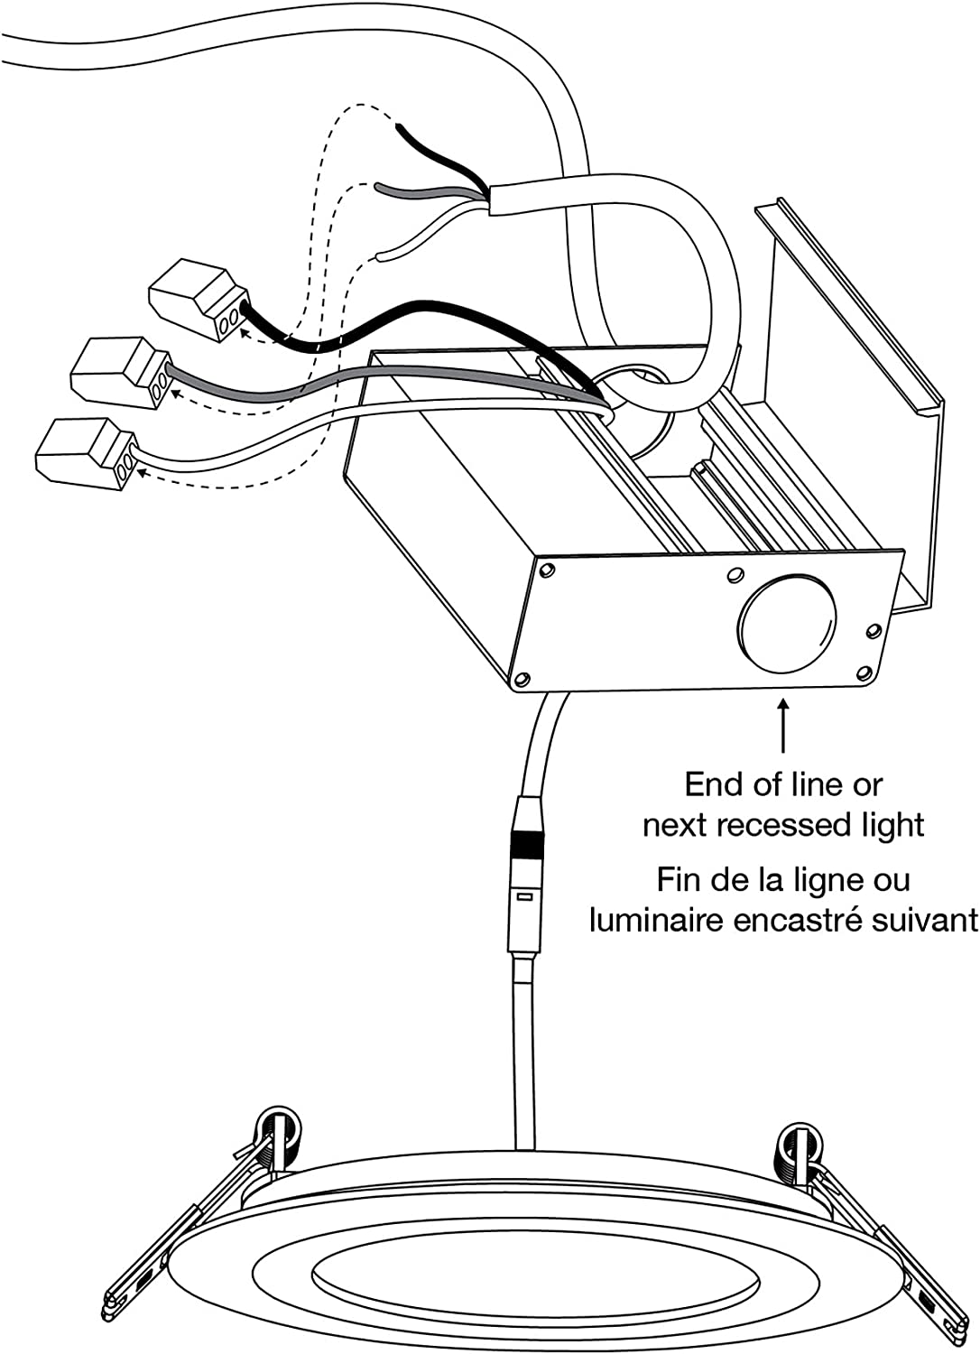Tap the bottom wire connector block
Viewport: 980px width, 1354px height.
point(88,448)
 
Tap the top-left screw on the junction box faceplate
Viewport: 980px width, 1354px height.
point(546,570)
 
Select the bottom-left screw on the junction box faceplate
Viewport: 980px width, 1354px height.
point(521,676)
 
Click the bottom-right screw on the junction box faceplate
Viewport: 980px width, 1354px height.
point(864,671)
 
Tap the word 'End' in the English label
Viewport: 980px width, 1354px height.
point(714,784)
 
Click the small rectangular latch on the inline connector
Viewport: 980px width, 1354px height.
point(522,897)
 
